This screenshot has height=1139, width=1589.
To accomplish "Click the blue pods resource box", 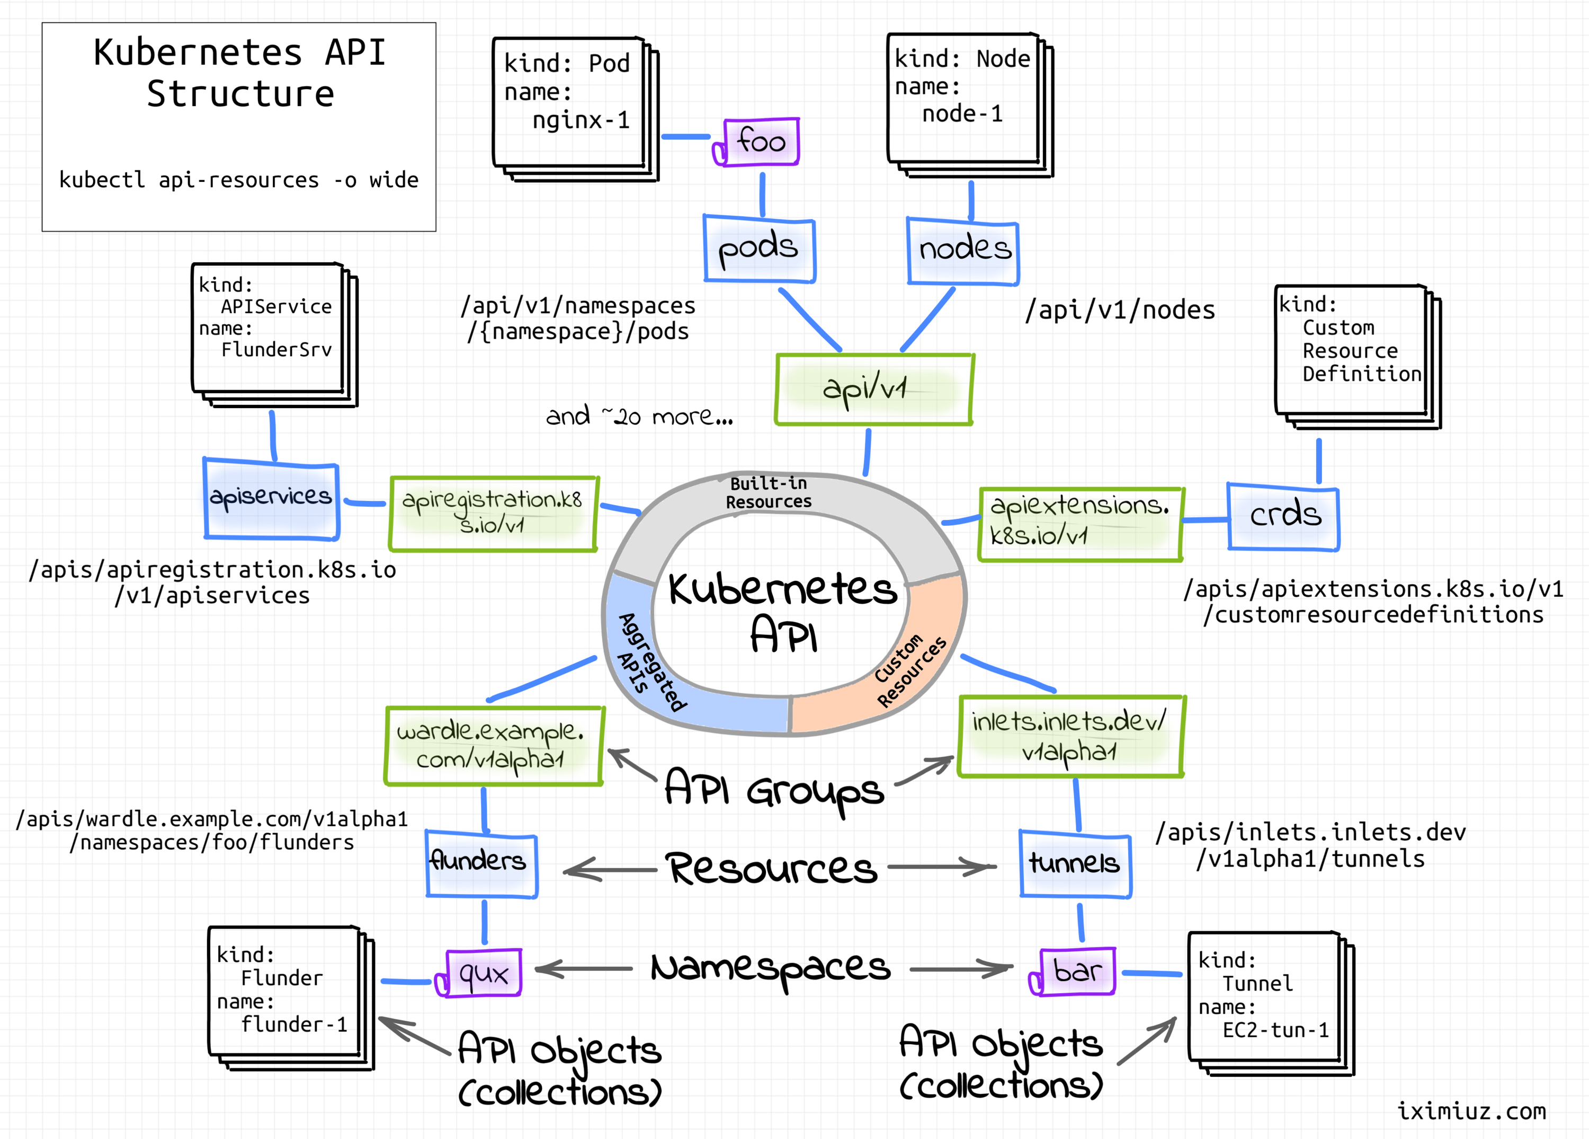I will (x=759, y=250).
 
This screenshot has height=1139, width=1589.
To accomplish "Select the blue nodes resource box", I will (x=963, y=251).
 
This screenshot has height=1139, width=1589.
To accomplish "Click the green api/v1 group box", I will (x=873, y=389).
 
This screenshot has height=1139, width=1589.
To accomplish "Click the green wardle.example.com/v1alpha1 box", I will (x=493, y=746).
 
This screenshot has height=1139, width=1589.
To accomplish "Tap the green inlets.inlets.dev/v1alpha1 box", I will (x=1070, y=736).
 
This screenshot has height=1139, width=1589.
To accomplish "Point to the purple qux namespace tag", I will (x=483, y=973).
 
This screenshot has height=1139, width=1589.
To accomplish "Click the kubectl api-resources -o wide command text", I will (x=238, y=180).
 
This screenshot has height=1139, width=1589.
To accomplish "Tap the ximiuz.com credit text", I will (x=1471, y=1111).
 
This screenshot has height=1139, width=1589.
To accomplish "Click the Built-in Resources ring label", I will (x=769, y=492).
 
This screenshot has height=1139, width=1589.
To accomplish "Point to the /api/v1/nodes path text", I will (x=1120, y=310).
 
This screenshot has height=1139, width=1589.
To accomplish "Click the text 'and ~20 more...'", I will (x=639, y=417).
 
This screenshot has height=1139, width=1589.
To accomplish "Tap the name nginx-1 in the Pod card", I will (x=581, y=120).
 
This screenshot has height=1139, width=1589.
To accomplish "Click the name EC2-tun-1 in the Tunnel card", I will (x=1275, y=1030).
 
